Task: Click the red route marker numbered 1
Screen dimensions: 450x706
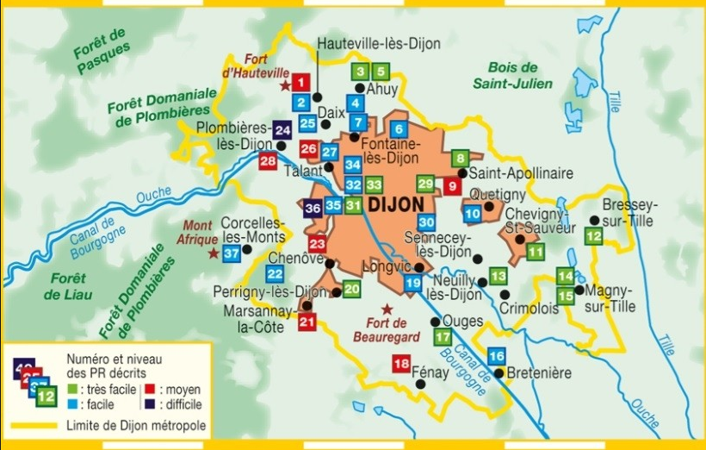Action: [x=300, y=83]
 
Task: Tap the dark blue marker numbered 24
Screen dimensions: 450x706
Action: [x=283, y=129]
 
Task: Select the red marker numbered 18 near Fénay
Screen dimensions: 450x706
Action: [x=401, y=364]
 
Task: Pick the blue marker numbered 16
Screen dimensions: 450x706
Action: [x=496, y=356]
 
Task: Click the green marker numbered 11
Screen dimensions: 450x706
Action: [x=536, y=252]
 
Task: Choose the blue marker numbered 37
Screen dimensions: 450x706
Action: [x=231, y=253]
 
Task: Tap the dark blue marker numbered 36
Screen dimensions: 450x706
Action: [x=313, y=207]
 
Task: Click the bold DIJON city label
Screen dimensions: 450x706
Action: [x=395, y=204]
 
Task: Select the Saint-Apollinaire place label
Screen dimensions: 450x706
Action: [x=521, y=173]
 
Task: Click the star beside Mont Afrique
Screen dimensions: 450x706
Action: [x=214, y=253]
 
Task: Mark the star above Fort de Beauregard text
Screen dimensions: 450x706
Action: [x=387, y=309]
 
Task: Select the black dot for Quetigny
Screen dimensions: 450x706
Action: [x=489, y=207]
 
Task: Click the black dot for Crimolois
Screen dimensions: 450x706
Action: [x=505, y=294]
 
